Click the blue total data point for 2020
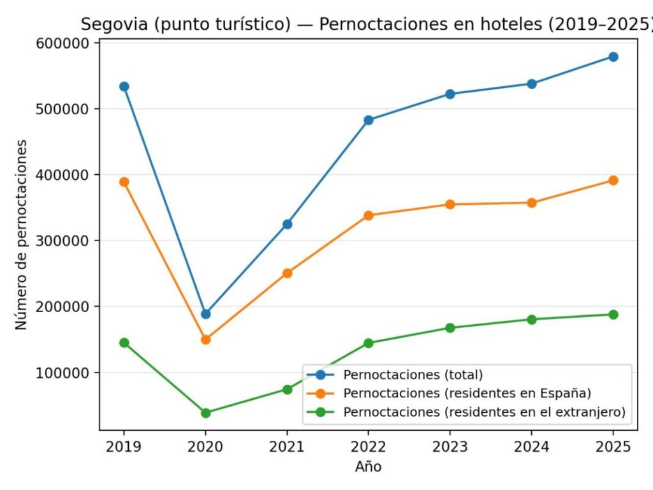205,314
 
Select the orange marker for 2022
369,216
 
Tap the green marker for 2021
287,389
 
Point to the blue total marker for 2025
613,57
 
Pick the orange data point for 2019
124,182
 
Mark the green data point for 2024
531,319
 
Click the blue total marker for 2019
124,86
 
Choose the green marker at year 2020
205,413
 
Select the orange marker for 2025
613,181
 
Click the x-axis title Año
368,467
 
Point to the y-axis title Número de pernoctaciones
22,235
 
